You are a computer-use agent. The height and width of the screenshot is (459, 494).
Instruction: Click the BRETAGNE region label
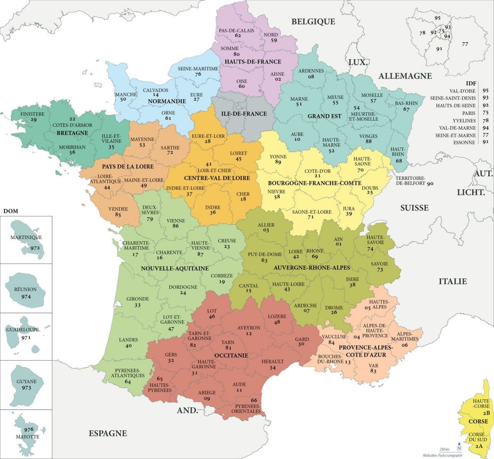[x=72, y=133]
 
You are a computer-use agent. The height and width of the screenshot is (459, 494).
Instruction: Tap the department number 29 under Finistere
[x=33, y=120]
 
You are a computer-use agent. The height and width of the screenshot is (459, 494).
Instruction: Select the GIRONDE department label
[x=137, y=299]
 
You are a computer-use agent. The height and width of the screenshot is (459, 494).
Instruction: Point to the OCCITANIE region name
[x=231, y=355]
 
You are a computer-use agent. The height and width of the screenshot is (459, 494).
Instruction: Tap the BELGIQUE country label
[x=313, y=21]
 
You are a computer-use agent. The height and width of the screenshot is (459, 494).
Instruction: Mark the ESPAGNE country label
[x=108, y=433]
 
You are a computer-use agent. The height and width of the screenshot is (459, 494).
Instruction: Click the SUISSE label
[x=414, y=208]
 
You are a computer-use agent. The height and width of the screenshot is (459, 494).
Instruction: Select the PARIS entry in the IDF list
[x=468, y=113]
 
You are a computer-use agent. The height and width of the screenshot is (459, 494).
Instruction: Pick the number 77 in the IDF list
[x=485, y=135]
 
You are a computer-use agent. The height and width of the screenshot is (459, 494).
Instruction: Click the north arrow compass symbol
[x=459, y=449]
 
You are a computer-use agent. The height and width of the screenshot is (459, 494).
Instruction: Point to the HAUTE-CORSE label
[x=481, y=403]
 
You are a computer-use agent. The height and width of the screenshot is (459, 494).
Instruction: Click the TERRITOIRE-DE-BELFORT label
[x=410, y=181]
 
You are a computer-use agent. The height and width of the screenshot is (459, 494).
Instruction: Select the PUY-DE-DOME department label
[x=264, y=254]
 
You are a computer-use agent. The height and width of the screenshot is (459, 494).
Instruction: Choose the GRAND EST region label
[x=324, y=116]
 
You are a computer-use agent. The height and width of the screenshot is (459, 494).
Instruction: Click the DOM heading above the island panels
[x=10, y=211]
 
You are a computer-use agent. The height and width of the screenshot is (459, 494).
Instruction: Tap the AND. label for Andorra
[x=187, y=410]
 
